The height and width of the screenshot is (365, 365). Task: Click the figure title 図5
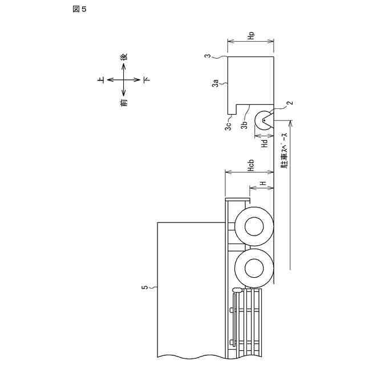79,9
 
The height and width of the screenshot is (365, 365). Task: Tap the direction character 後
124,57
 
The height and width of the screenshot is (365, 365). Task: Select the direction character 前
124,102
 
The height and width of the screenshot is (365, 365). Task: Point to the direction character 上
101,80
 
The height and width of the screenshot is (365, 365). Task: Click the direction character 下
147,80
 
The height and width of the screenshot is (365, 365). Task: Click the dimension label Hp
251,35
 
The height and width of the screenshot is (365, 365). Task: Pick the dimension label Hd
265,143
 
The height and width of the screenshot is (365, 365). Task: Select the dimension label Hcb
251,166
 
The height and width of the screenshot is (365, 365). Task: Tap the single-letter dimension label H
263,184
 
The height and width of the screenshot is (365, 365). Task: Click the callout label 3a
216,83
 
